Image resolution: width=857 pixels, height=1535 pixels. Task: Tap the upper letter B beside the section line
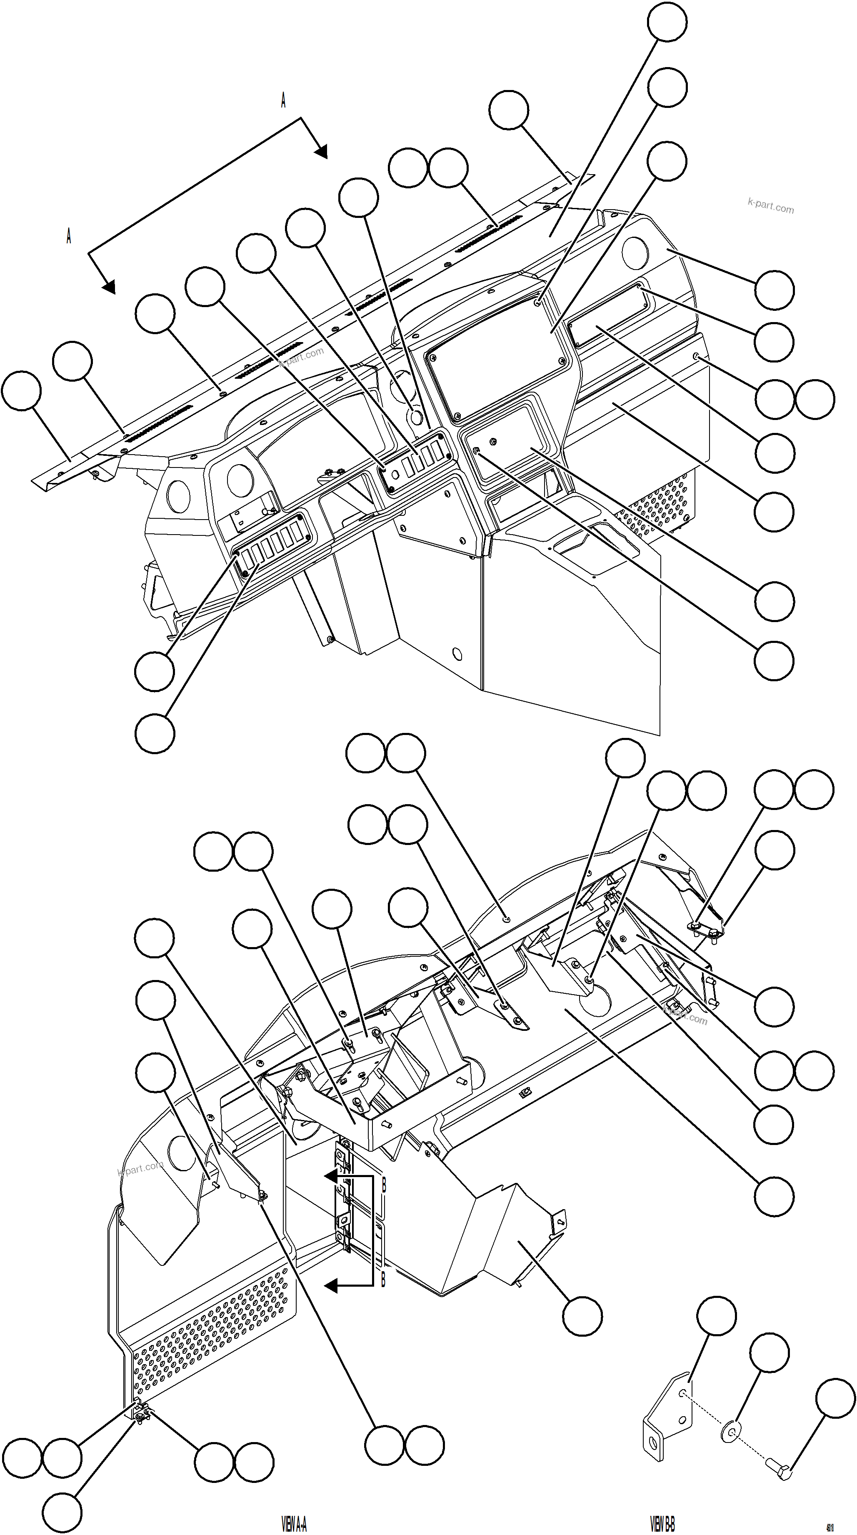[384, 1185]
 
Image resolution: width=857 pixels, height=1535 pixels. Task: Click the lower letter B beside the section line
[383, 1278]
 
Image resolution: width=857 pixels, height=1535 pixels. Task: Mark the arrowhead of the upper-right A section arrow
[321, 152]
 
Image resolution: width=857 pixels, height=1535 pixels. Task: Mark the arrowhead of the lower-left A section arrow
[108, 288]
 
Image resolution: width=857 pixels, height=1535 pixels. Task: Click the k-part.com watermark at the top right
[771, 205]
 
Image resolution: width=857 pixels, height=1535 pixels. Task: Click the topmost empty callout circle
[667, 21]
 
